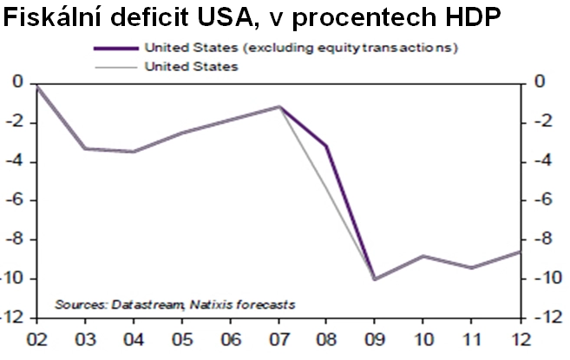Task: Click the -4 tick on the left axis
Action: click(16, 161)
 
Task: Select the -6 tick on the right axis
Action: click(540, 200)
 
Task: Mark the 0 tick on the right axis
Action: click(540, 83)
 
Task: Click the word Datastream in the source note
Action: click(135, 304)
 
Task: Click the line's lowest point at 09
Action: click(375, 278)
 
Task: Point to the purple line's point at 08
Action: click(326, 146)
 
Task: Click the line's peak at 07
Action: click(278, 107)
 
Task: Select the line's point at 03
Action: click(85, 148)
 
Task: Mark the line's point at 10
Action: click(423, 256)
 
